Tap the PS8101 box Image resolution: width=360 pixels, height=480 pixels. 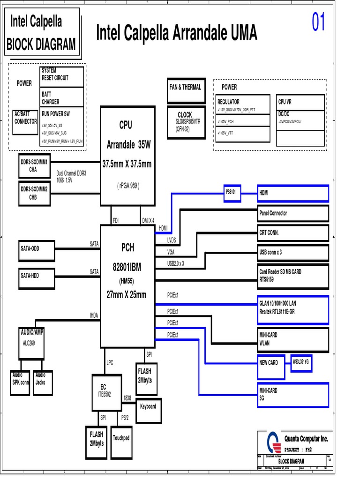pyautogui.click(x=232, y=193)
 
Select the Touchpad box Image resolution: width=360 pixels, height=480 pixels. pyautogui.click(x=121, y=438)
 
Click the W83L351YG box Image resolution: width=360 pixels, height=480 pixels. pyautogui.click(x=302, y=362)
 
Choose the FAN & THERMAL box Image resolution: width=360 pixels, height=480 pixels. pyautogui.click(x=186, y=90)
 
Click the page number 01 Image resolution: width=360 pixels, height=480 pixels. pyautogui.click(x=318, y=22)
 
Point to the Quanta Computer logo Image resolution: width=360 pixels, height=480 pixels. pyautogui.click(x=273, y=442)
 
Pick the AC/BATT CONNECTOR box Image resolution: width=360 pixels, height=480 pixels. pyautogui.click(x=25, y=121)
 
